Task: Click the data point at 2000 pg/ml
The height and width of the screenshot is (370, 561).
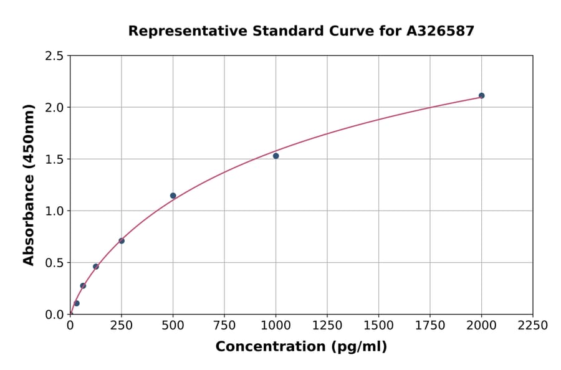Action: [481, 95]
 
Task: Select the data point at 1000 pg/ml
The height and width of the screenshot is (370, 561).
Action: [276, 156]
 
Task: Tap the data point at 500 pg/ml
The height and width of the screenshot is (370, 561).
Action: [173, 196]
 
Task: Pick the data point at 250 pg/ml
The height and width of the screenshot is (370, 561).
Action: [122, 240]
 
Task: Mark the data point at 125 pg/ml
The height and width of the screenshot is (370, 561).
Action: [96, 267]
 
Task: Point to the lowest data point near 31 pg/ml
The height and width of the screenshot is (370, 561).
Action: [77, 303]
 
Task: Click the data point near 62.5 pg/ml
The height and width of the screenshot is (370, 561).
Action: [83, 285]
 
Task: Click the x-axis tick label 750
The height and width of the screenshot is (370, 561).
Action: [224, 326]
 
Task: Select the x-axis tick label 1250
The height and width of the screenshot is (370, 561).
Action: [327, 326]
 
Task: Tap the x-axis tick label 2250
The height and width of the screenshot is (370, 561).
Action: [532, 326]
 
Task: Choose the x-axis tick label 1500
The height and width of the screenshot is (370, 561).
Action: [378, 326]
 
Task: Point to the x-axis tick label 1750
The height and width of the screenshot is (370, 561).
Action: [430, 326]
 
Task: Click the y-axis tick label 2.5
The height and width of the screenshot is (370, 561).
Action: [54, 56]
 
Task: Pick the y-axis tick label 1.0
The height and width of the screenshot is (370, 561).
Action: [54, 211]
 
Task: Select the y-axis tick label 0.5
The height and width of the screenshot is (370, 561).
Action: [54, 263]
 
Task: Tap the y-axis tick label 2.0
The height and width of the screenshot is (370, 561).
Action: [54, 108]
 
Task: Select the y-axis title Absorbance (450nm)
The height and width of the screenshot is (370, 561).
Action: [29, 185]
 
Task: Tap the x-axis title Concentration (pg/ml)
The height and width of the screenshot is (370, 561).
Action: [301, 347]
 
